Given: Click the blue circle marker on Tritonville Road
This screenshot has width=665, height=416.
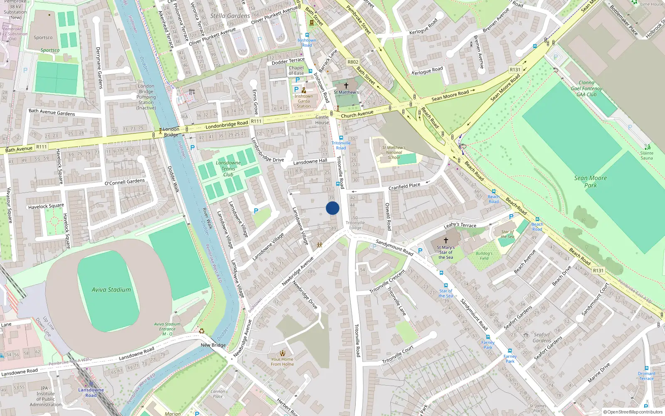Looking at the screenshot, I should coord(332,208).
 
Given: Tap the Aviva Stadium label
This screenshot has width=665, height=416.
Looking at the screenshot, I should coord(111,290).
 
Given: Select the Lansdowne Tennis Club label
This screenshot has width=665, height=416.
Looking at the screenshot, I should coord(228,169).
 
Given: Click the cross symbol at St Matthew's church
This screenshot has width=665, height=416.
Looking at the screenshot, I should coord(346,85).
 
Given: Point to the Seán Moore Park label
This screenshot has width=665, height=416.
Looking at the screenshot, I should coord(590,181).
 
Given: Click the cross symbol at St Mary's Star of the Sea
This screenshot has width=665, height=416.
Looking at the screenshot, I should coord(446,240).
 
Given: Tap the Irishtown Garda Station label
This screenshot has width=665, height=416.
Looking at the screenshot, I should coord(304,101).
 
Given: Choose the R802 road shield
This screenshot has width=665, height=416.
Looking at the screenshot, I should coord(353,62).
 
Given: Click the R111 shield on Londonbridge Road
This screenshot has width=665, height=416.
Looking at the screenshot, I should coord(256,121).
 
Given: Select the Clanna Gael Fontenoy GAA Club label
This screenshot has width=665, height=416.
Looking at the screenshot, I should coord(586,89).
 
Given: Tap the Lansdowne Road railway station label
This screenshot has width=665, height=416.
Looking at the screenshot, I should coord(91,392).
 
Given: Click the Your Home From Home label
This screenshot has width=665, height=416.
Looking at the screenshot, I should coord(282,362).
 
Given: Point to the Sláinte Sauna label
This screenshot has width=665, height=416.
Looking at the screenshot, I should coord(647,156).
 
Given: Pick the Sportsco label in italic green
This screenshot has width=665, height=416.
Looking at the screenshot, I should coord(50,50).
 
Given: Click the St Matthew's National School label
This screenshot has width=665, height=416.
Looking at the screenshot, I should coord(394,152).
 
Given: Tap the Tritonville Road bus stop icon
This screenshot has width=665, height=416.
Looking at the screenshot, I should coord(341,138).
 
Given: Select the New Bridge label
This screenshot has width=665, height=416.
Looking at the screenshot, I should coord(213,345).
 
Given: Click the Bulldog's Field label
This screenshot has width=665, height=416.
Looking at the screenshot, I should coord(484,256).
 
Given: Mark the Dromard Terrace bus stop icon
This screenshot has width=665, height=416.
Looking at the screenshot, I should coord(647,368).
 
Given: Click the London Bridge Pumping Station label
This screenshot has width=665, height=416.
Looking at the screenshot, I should coord(146,97).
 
